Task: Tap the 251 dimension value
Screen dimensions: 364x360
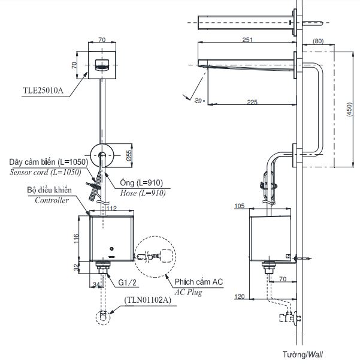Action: click(x=247, y=40)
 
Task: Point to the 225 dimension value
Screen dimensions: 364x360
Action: click(x=252, y=103)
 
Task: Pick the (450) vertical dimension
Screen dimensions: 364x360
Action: click(x=349, y=109)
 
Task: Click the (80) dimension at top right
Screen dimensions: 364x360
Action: click(x=317, y=41)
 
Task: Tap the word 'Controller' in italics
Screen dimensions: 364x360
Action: click(x=50, y=201)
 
